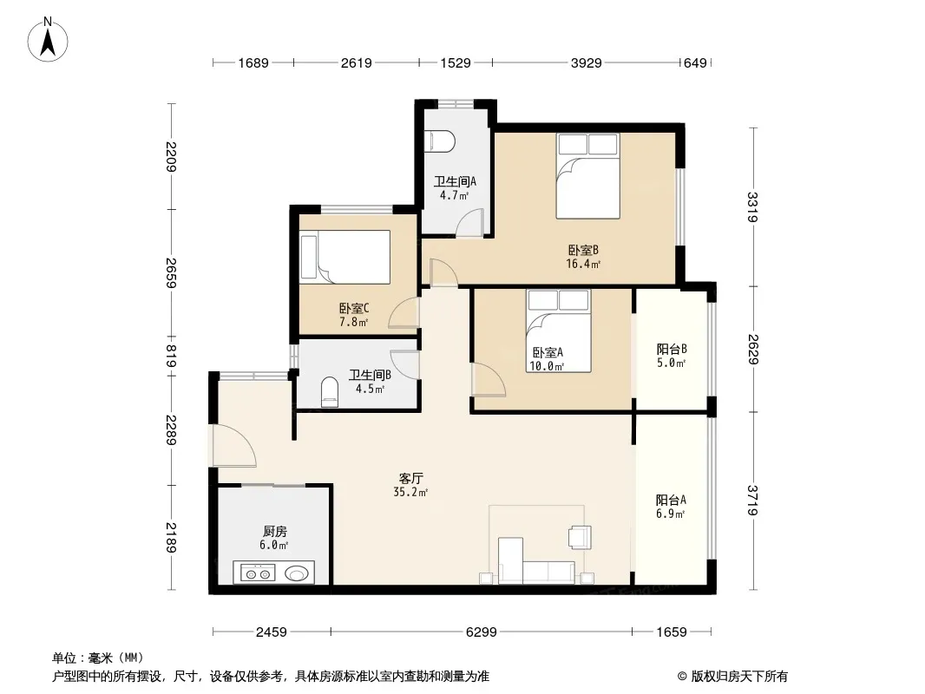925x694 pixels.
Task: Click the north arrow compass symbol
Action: coord(48,40)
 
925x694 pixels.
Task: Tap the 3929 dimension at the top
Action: coord(586,62)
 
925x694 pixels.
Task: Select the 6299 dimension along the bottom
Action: coord(482,632)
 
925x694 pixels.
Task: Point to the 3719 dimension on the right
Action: coord(752,500)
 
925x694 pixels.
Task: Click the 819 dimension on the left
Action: coord(171,357)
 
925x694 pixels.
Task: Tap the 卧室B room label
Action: coord(583,251)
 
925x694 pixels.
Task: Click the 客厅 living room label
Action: coord(410,478)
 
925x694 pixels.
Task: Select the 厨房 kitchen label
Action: coord(275,531)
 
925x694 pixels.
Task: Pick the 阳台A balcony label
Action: coord(671,500)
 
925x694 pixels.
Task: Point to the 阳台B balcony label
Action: coord(672,349)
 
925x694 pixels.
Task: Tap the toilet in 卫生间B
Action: coord(330,392)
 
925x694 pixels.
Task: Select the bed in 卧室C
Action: coord(345,257)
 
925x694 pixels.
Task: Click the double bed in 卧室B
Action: coord(587,176)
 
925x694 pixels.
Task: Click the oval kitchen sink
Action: coord(296,573)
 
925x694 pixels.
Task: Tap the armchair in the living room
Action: coord(580,537)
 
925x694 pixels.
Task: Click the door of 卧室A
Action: coord(489,379)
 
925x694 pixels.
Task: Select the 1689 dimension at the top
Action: coord(253,62)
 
